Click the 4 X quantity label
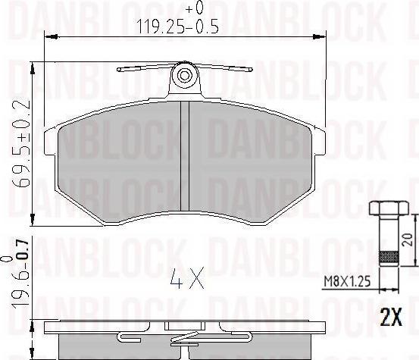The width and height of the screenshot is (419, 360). tap(186, 281)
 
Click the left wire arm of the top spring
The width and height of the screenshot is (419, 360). tap(144, 70)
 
